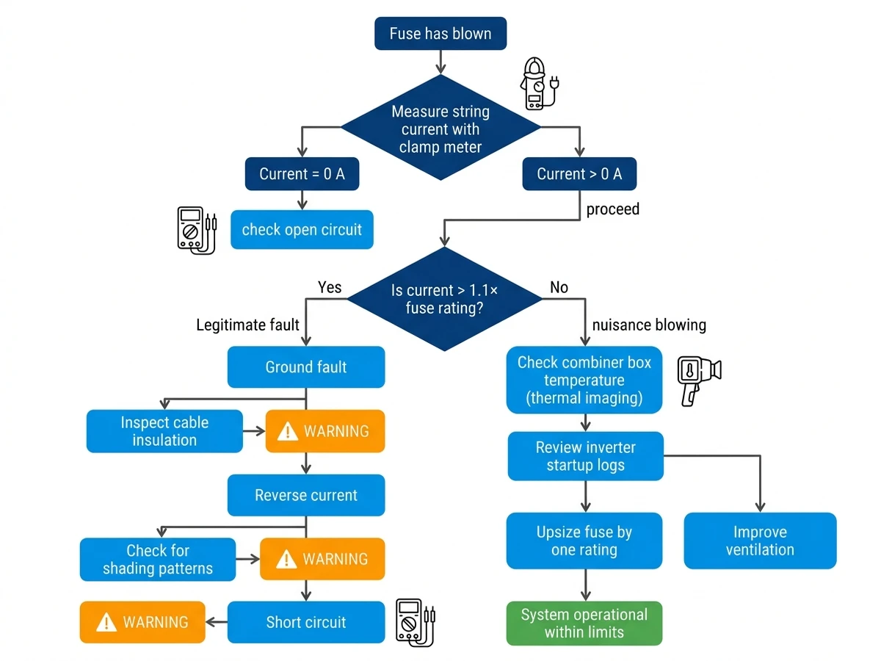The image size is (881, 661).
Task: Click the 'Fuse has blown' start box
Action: [440, 33]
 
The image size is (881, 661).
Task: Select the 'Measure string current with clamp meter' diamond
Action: [440, 128]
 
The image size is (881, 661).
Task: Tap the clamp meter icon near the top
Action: [539, 84]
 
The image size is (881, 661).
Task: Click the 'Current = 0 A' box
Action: [302, 174]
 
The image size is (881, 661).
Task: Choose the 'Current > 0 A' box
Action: [579, 174]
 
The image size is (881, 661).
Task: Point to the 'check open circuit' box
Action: [302, 230]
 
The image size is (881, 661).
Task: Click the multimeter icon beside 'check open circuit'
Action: [197, 231]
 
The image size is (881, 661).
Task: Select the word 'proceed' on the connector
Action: [612, 209]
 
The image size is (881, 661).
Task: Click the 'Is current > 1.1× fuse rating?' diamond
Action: [444, 299]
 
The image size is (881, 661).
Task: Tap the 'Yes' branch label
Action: [329, 287]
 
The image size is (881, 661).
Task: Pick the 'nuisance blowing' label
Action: [648, 325]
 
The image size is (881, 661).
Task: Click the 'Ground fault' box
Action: [306, 366]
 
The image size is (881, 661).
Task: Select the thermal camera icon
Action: [698, 380]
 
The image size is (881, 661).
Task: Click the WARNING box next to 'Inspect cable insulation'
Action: [325, 431]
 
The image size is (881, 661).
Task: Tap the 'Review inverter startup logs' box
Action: [585, 456]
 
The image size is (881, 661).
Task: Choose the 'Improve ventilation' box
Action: [760, 541]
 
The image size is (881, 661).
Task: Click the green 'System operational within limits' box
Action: [584, 623]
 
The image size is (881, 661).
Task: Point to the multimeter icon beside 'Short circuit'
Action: [415, 622]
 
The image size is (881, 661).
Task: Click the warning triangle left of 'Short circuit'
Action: [106, 622]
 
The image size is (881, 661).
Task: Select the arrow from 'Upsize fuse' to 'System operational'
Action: [585, 585]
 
